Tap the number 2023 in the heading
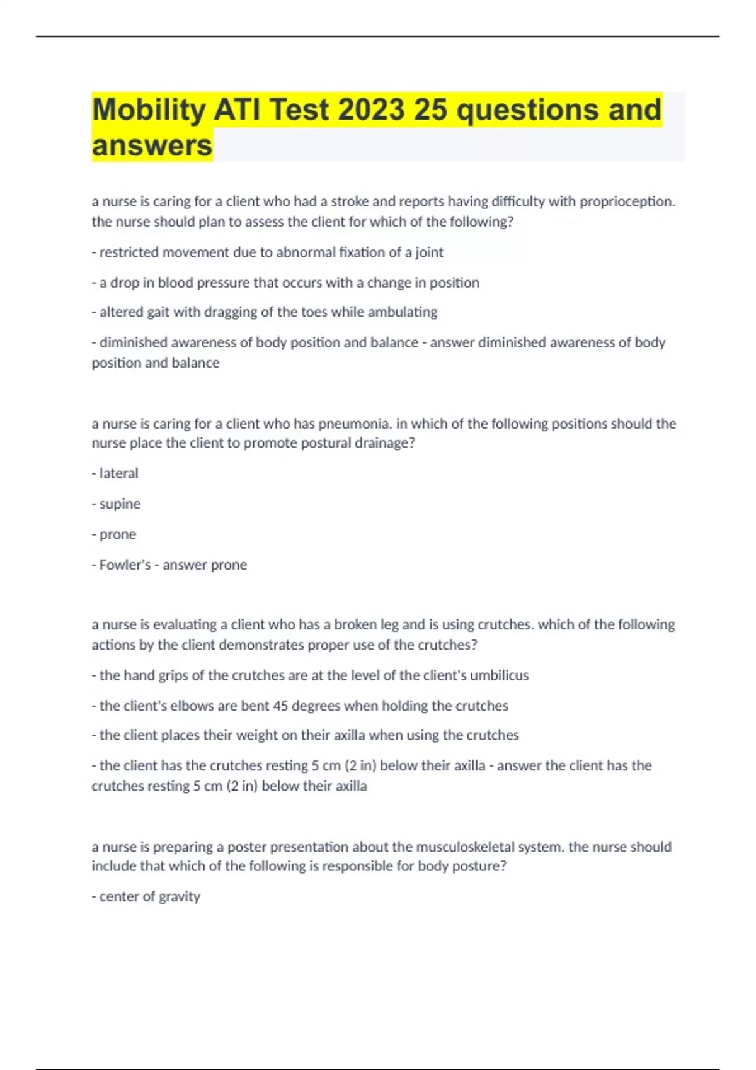click(371, 110)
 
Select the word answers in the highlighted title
click(152, 145)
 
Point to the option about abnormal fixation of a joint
click(268, 252)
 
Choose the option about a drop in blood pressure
click(285, 283)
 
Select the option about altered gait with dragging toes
click(265, 312)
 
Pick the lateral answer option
click(118, 473)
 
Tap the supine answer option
click(120, 504)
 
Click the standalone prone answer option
click(118, 534)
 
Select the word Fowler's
click(125, 565)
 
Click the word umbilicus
click(499, 675)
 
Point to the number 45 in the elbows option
click(280, 706)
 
